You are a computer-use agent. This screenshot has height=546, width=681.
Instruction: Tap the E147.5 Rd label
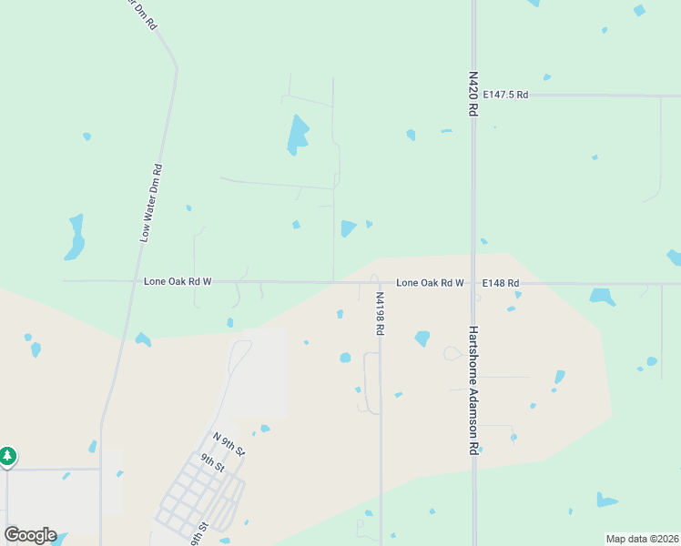(505, 95)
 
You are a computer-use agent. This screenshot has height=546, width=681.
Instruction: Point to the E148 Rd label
(500, 283)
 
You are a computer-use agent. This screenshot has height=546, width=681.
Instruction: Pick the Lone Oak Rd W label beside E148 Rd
(430, 283)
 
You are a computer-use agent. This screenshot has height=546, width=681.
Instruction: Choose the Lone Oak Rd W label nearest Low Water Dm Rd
(178, 282)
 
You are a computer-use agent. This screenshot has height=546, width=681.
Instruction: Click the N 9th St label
(229, 445)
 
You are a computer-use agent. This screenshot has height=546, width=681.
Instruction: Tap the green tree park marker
(7, 455)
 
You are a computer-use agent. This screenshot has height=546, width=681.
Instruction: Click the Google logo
(30, 535)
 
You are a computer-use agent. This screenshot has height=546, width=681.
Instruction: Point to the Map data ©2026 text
(641, 539)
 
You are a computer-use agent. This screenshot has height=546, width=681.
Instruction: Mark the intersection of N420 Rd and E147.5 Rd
(473, 95)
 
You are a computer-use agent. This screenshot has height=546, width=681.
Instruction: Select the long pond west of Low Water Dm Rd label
(76, 237)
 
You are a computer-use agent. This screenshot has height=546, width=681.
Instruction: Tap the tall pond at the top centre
(298, 134)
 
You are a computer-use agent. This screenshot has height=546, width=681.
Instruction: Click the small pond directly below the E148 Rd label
(517, 295)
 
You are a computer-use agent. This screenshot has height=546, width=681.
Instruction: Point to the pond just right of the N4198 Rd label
(422, 339)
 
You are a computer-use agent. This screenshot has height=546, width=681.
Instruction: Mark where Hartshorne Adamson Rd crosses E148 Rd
(473, 283)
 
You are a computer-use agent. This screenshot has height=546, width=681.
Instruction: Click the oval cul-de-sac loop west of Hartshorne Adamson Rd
(451, 353)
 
